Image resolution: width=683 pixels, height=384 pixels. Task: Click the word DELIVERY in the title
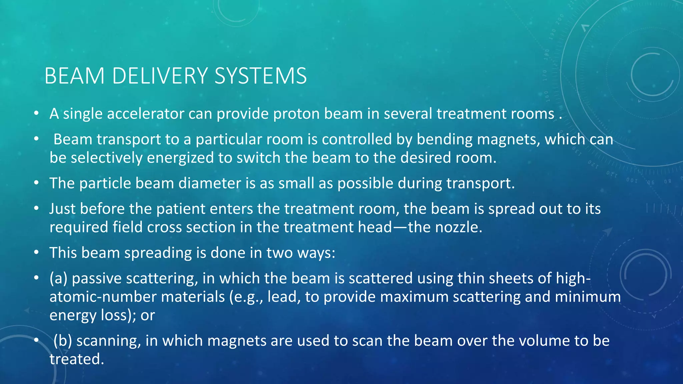pyautogui.click(x=160, y=76)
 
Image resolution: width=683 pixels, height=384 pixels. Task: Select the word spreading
pyautogui.click(x=158, y=253)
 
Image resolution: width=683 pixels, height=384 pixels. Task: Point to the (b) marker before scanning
pyautogui.click(x=63, y=341)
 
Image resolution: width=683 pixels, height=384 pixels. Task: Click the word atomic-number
pyautogui.click(x=103, y=297)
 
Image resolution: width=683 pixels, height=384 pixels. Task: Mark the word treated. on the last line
pyautogui.click(x=77, y=359)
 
